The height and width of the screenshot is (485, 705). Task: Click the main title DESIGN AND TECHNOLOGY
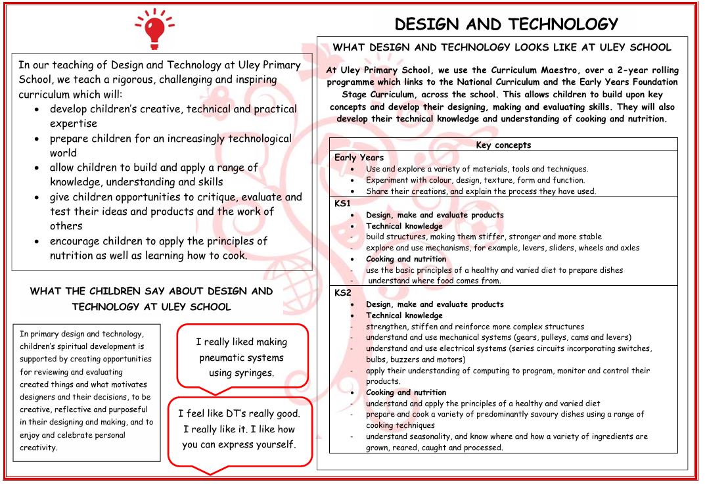pos(506,24)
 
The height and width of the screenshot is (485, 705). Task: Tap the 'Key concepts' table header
pos(503,145)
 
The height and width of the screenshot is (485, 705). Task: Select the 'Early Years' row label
pos(359,158)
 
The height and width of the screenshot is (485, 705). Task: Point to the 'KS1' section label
pos(343,204)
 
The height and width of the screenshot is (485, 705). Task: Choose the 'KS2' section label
pos(343,293)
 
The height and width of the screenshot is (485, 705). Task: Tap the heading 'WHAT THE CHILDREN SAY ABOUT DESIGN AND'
pos(152,291)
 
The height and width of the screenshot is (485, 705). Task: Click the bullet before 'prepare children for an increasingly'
pos(40,139)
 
